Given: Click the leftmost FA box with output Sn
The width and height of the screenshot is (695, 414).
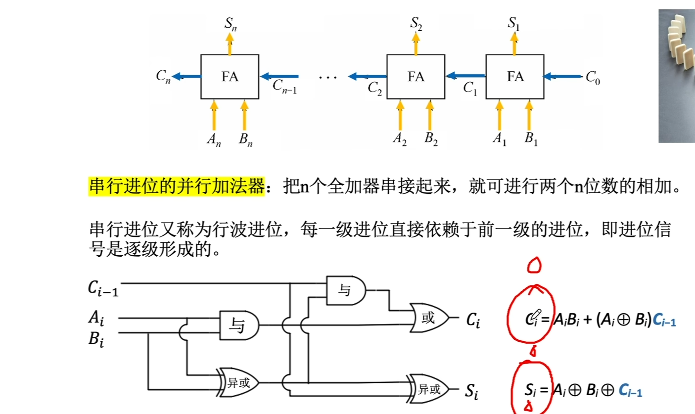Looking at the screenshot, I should pyautogui.click(x=230, y=77).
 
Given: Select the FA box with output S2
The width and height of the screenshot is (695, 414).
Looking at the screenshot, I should pyautogui.click(x=416, y=77).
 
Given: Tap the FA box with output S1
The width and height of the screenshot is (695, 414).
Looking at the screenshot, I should pyautogui.click(x=515, y=77).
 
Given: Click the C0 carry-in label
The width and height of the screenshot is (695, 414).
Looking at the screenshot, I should pyautogui.click(x=593, y=78).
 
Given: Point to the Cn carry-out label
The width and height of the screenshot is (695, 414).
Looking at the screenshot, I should pyautogui.click(x=163, y=77).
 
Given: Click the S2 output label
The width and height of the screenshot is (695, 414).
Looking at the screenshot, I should pyautogui.click(x=416, y=24).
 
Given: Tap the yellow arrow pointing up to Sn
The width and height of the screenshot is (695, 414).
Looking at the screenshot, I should pyautogui.click(x=230, y=44).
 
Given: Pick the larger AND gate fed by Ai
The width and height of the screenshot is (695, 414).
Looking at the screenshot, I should pyautogui.click(x=239, y=325).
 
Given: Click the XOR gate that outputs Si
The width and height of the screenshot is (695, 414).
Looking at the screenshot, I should pyautogui.click(x=428, y=388).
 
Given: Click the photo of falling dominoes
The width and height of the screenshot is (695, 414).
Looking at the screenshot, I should pyautogui.click(x=676, y=77).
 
